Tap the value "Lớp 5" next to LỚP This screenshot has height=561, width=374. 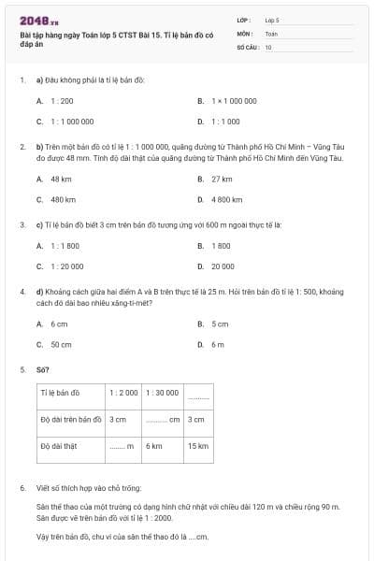(272, 19)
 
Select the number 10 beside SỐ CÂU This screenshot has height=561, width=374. (268, 46)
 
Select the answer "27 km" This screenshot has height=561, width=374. (222, 179)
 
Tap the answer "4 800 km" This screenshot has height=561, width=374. (227, 199)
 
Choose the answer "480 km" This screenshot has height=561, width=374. (62, 199)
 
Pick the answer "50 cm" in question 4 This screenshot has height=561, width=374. (61, 344)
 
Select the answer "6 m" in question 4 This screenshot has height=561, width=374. (218, 344)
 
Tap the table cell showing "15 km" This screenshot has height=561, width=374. (197, 446)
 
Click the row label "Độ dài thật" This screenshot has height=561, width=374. (59, 446)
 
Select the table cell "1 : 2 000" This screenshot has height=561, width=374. (123, 393)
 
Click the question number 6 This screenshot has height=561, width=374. (22, 488)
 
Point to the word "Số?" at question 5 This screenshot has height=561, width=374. (43, 369)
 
